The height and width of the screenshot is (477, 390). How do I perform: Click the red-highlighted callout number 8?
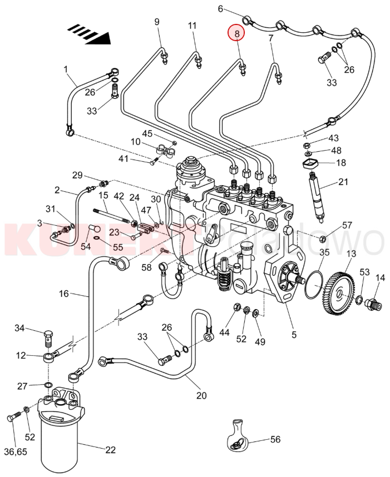point(236,34)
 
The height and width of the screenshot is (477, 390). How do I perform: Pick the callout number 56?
point(275,439)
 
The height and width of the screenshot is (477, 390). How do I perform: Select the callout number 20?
point(201,396)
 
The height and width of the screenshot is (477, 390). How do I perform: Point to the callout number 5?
point(294,335)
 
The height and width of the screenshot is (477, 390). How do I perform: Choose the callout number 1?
point(66,69)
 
